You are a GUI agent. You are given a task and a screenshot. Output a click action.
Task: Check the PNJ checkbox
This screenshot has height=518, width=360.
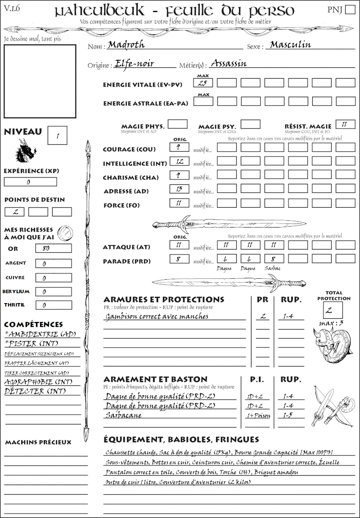[350, 10]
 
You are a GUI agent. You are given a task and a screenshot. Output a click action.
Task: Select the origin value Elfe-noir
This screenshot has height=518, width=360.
[135, 63]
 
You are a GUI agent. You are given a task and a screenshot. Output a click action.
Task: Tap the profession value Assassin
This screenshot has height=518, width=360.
[229, 63]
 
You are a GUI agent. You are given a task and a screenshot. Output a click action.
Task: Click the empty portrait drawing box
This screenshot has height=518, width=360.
[40, 81]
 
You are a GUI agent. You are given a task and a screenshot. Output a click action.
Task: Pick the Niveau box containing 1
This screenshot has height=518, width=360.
[58, 134]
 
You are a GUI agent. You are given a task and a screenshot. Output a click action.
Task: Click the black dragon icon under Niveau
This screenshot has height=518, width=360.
[26, 151]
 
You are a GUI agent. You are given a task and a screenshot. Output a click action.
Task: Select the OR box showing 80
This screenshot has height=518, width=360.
[53, 248]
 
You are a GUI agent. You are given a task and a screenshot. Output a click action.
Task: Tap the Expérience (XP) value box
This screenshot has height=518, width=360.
[30, 182]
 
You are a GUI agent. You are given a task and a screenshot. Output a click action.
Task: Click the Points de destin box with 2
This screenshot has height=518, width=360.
[14, 212]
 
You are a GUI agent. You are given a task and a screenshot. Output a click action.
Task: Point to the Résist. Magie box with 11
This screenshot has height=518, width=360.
[345, 124]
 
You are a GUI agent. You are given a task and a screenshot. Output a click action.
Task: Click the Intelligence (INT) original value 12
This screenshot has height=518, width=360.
[179, 161]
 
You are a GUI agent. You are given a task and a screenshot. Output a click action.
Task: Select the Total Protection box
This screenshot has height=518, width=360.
[333, 310]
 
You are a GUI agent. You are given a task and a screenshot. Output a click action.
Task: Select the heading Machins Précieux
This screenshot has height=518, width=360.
[38, 442]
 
